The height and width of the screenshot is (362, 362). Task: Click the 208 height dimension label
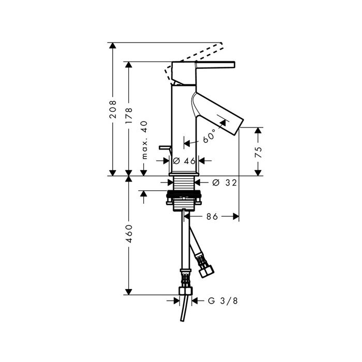pyautogui.click(x=113, y=109)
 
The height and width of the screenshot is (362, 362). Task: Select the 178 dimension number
pyautogui.click(x=129, y=116)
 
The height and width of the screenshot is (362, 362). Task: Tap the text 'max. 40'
pyautogui.click(x=144, y=140)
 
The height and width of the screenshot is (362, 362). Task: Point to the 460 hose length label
pyautogui.click(x=129, y=233)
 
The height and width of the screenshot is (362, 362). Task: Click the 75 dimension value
pyautogui.click(x=259, y=152)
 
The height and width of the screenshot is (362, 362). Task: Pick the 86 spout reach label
pyautogui.click(x=212, y=217)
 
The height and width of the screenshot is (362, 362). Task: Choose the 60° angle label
pyautogui.click(x=209, y=137)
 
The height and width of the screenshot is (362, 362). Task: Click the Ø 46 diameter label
pyautogui.click(x=184, y=161)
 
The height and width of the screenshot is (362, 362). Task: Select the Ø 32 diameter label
pyautogui.click(x=224, y=183)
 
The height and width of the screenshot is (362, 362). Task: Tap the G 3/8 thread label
pyautogui.click(x=223, y=301)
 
